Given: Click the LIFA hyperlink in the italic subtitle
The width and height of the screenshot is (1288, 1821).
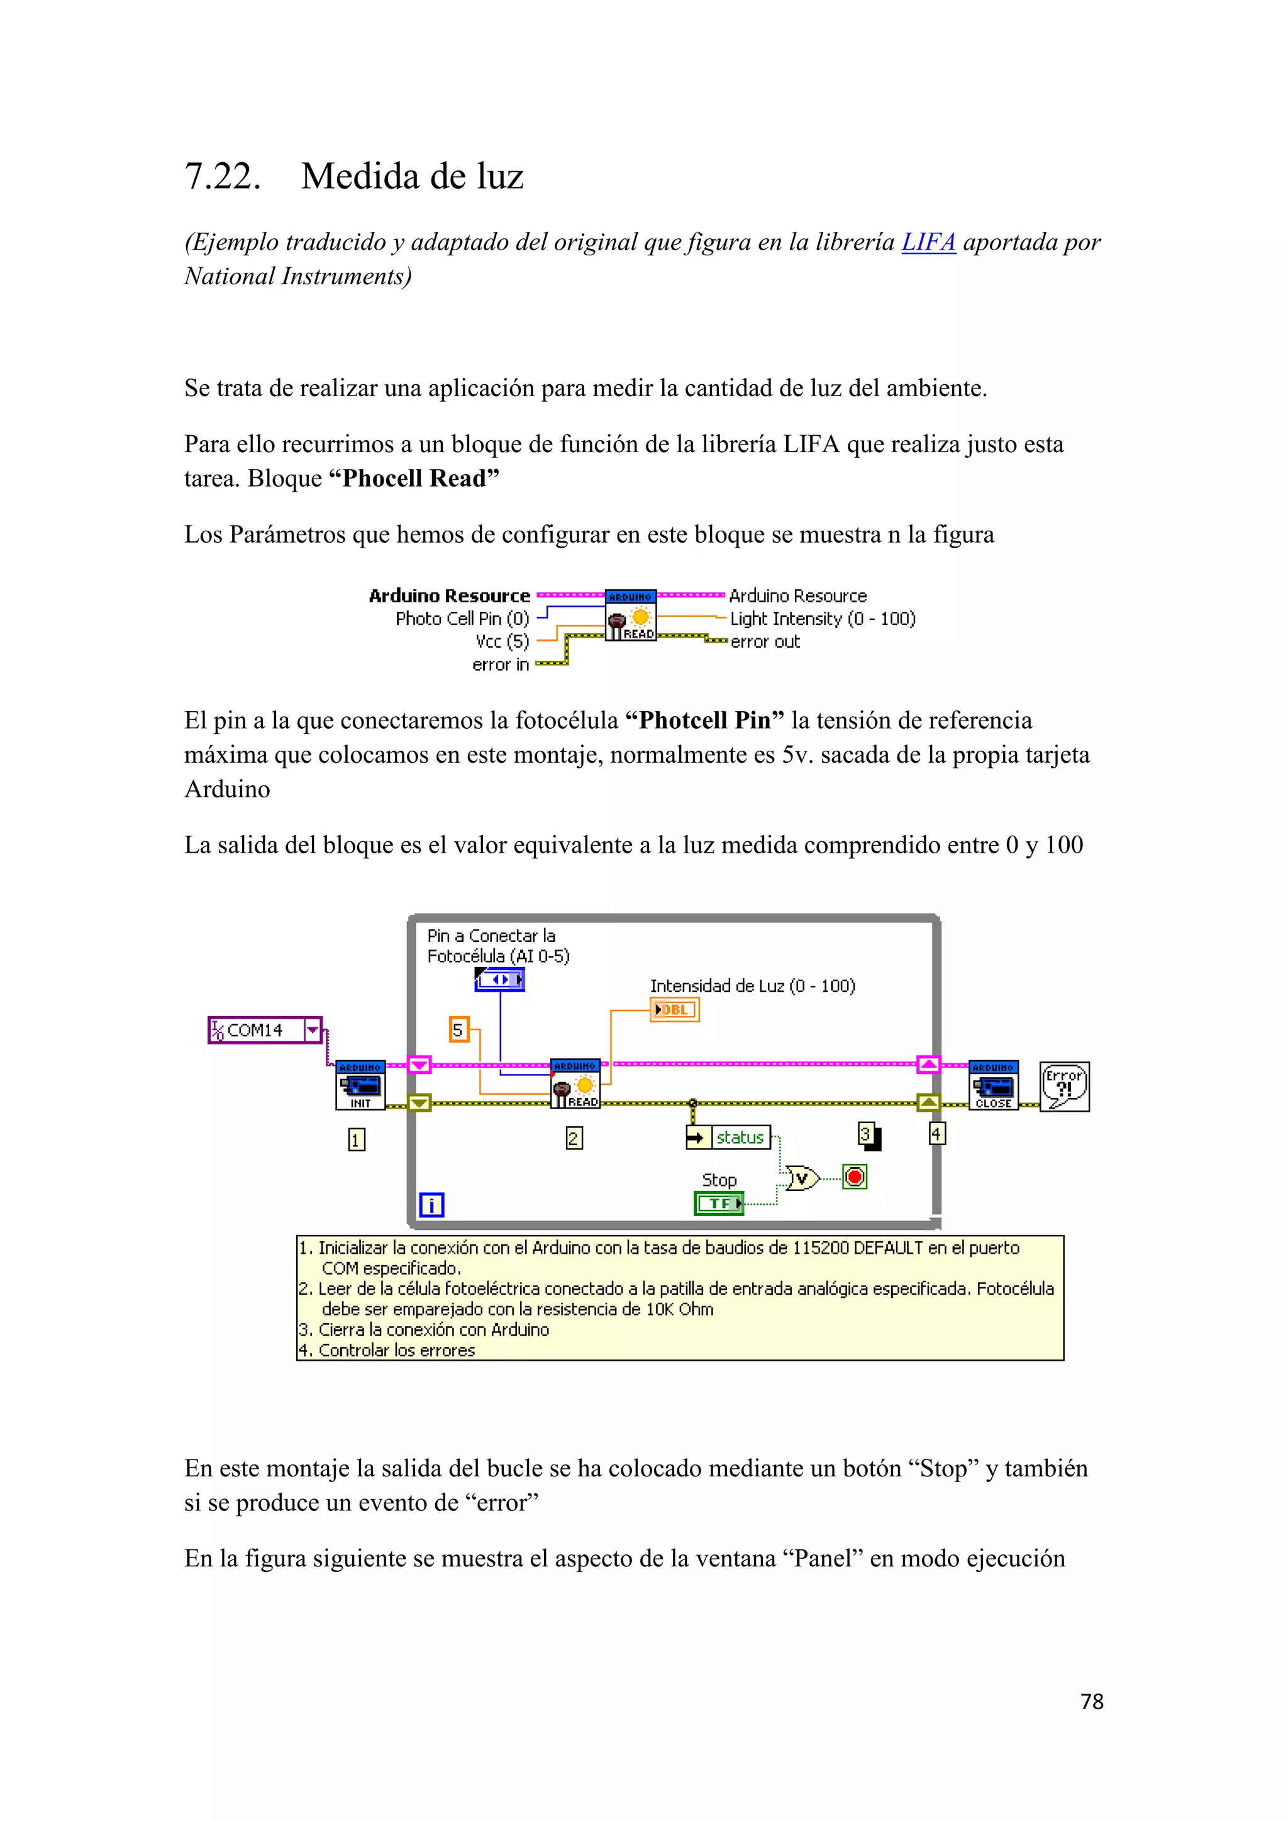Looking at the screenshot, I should [928, 242].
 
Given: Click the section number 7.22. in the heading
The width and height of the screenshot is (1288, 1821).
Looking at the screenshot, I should [223, 176].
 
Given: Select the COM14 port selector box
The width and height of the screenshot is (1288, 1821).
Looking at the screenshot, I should [264, 1030].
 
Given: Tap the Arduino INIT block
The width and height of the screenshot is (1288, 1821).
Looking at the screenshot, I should [360, 1085].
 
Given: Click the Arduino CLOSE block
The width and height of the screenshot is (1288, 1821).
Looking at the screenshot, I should [993, 1085].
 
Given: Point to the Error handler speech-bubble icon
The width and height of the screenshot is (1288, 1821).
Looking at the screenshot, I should [1063, 1087].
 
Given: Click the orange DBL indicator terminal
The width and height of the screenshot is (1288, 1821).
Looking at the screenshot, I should [674, 1010].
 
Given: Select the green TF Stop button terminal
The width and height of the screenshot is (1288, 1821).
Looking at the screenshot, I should [719, 1203].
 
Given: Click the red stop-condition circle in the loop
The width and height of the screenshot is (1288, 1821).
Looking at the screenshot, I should [854, 1176].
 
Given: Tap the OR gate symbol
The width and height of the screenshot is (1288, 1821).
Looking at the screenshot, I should [802, 1178].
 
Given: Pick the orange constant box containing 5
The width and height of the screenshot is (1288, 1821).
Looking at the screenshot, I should [458, 1029].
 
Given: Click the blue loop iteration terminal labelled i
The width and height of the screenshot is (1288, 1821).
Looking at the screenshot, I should [431, 1205].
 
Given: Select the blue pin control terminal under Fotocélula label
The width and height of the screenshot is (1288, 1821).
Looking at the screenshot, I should [499, 980].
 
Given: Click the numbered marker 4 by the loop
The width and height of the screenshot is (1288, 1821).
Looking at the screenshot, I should [936, 1133].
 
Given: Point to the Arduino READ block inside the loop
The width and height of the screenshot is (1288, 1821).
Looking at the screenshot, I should [575, 1084].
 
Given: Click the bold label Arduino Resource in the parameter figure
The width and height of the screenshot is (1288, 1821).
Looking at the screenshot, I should [449, 595].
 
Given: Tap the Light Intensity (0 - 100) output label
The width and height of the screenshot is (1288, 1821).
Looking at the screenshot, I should [823, 619].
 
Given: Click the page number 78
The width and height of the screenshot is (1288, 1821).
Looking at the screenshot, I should [1091, 1702].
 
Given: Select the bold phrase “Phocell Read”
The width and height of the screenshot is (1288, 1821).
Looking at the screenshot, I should [414, 479].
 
